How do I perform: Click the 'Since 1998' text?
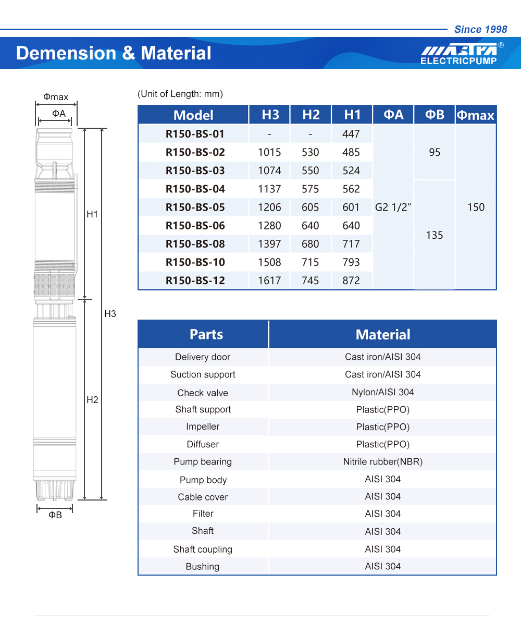point(480,29)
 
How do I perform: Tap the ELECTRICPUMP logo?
point(458,54)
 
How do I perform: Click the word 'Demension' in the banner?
point(66,53)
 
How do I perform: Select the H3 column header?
point(270,115)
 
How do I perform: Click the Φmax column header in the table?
point(475,115)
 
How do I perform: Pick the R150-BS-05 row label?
point(195,207)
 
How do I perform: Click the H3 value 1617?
point(269,281)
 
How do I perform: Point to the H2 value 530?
point(310,152)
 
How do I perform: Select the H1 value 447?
point(351,134)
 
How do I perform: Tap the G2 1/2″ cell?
point(393,207)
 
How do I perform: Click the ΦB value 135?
point(435,235)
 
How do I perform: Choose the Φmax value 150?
point(476,207)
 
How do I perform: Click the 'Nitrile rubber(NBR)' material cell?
point(382,461)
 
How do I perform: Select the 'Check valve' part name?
point(203,393)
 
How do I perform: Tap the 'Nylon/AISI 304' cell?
point(382,392)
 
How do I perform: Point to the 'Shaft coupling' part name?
point(203,549)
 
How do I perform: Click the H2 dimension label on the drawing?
point(92,400)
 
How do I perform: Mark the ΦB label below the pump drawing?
point(55,515)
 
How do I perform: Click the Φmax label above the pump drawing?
point(56,97)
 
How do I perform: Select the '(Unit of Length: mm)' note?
point(180,94)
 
